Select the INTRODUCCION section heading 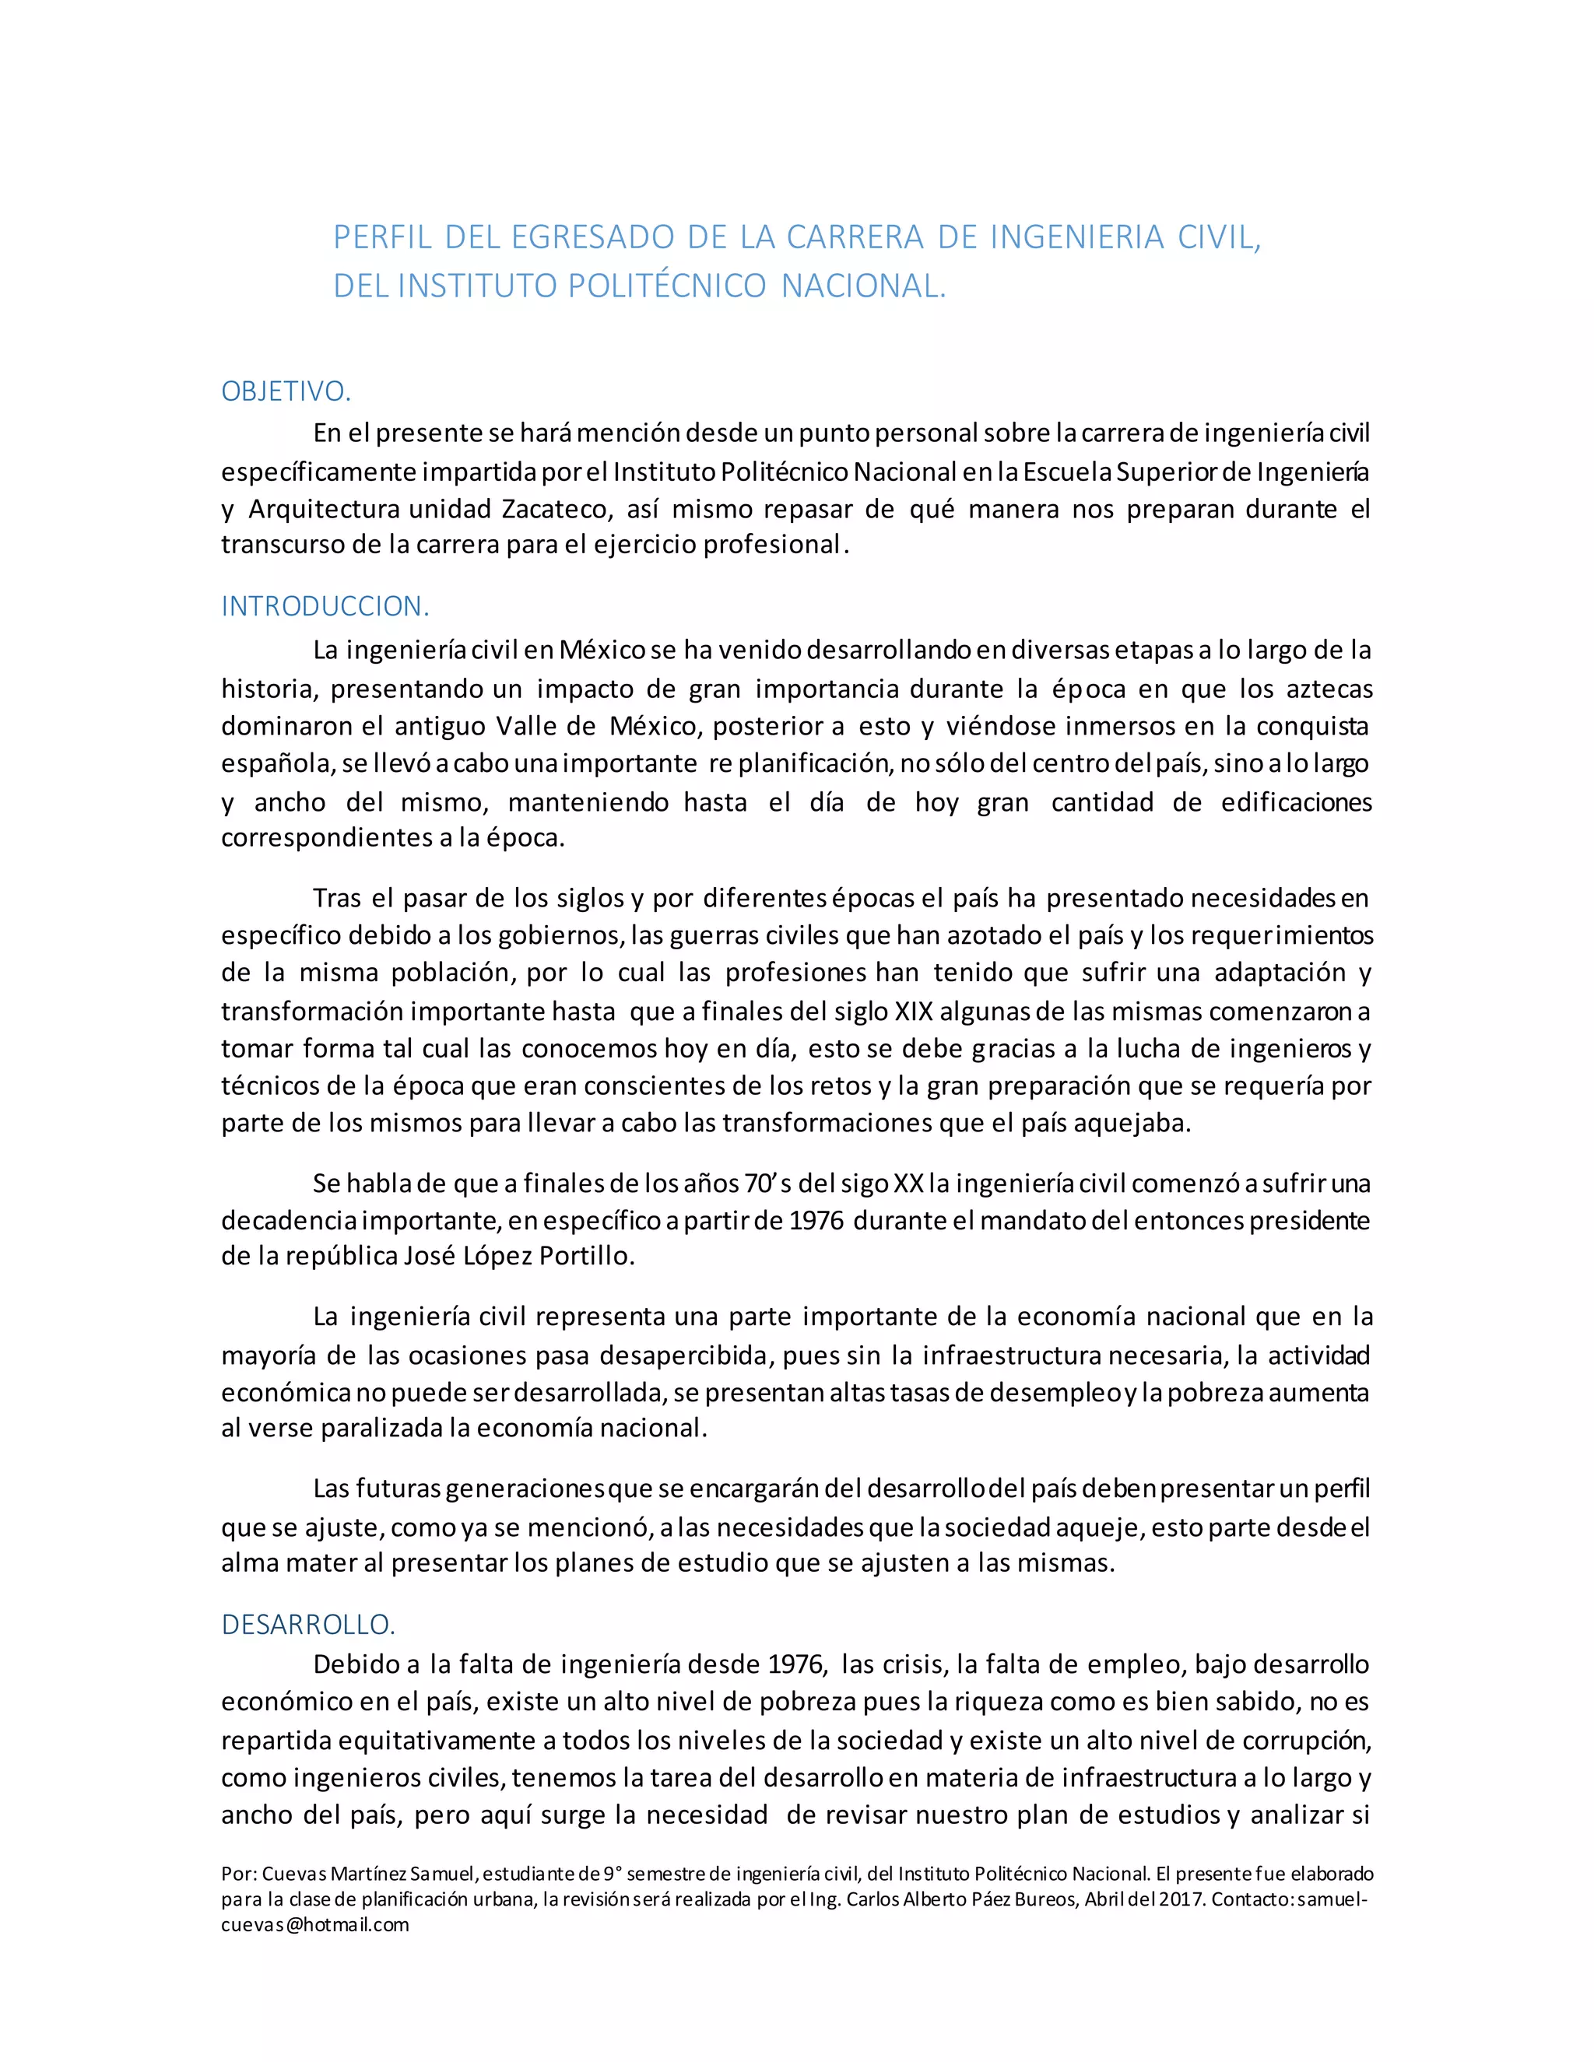[x=325, y=606]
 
